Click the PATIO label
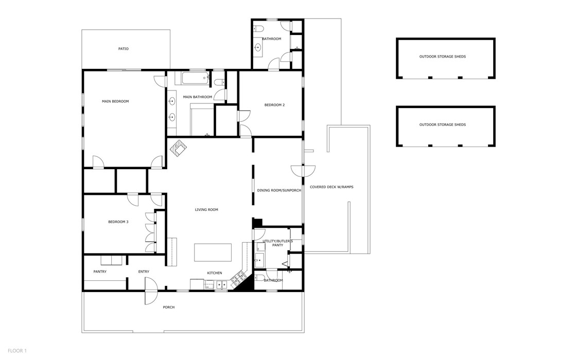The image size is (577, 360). (x=123, y=49)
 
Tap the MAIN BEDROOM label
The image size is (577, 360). (x=115, y=101)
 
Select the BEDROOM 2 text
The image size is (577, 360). (x=274, y=105)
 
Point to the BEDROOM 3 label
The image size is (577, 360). (x=118, y=222)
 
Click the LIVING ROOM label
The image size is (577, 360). (x=206, y=210)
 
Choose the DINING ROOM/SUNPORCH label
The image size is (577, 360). (x=279, y=190)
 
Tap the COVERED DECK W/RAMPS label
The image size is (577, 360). (x=331, y=187)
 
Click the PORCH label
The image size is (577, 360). (x=168, y=308)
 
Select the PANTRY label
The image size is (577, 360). (x=100, y=272)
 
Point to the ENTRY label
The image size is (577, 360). (x=144, y=272)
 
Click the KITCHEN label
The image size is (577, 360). (x=215, y=273)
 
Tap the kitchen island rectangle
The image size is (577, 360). (x=213, y=253)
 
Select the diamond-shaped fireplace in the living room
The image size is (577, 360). (x=179, y=148)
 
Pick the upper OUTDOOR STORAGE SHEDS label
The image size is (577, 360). (x=442, y=57)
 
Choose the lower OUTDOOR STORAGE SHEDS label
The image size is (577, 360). (x=442, y=125)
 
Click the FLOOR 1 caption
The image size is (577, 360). (x=17, y=351)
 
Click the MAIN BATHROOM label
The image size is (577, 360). (x=197, y=97)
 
